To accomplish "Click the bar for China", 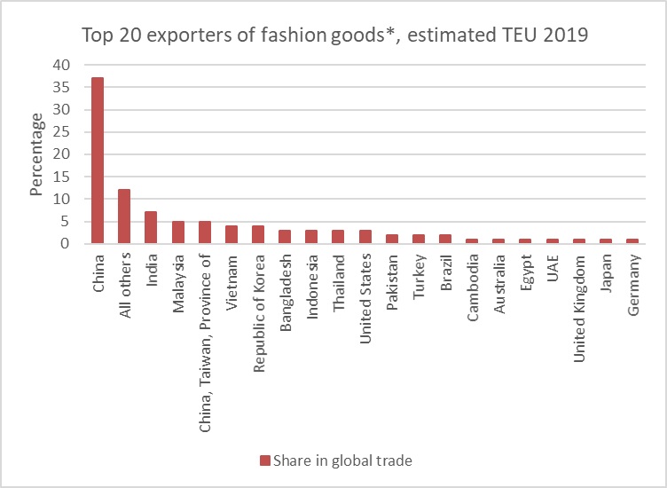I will (x=98, y=160).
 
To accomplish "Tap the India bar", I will (x=151, y=227).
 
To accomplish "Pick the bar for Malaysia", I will (x=177, y=232).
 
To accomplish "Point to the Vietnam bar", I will (x=231, y=234).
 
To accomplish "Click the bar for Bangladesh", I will (x=285, y=236).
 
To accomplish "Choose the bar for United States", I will (x=365, y=236).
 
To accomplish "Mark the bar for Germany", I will (x=632, y=240).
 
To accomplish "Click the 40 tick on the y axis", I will (x=61, y=65).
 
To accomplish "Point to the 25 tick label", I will (x=61, y=132).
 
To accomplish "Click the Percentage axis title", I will (x=36, y=154).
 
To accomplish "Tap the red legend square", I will (x=263, y=460).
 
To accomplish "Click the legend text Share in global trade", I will (x=342, y=460).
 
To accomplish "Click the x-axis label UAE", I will (x=553, y=269).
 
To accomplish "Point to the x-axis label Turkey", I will (x=419, y=276).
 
